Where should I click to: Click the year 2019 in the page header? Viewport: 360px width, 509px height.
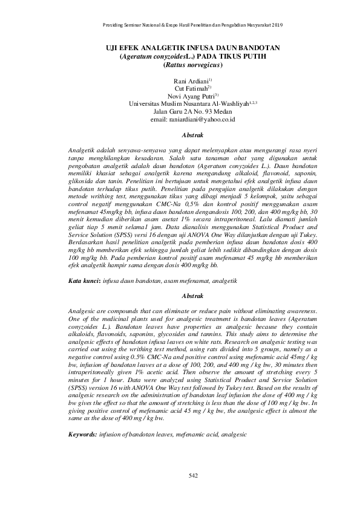click(277, 25)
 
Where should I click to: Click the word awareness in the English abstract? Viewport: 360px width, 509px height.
click(300, 310)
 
